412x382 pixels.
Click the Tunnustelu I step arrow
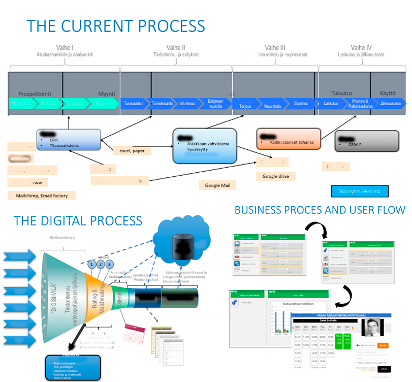pyautogui.click(x=134, y=103)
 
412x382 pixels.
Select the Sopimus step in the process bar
pyautogui.click(x=301, y=103)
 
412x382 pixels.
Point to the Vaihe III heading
pyautogui.click(x=275, y=47)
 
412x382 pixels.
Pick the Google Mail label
pyautogui.click(x=218, y=186)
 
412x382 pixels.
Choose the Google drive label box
pyautogui.click(x=276, y=176)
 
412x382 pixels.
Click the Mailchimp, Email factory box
pyautogui.click(x=42, y=195)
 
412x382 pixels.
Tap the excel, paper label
pyautogui.click(x=132, y=151)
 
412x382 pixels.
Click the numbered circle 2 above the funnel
pyautogui.click(x=101, y=264)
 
